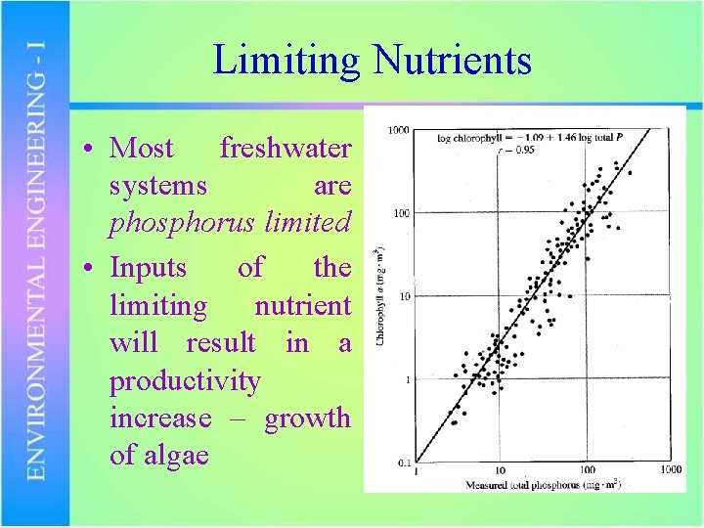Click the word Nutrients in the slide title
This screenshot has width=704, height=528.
coord(451,61)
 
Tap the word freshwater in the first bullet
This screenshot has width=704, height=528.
coord(285,149)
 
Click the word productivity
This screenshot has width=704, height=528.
coord(185,380)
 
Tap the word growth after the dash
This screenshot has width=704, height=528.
coord(307,418)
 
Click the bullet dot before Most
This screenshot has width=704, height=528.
coord(88,150)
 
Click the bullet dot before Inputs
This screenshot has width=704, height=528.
coord(88,268)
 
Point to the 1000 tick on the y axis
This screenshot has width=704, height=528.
coord(397,130)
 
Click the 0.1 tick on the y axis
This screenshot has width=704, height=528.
coord(401,462)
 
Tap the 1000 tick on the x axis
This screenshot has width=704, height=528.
coord(669,470)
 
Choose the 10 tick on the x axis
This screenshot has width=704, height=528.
coord(499,470)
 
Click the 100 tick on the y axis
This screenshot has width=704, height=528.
coord(400,213)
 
